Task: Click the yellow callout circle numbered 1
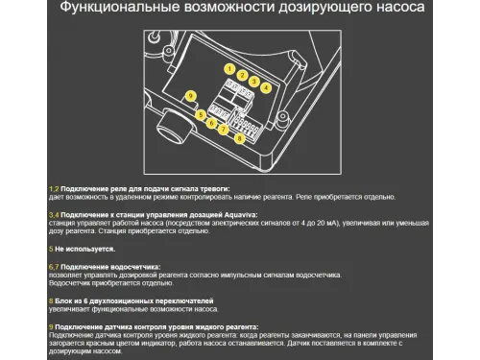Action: pos(230,70)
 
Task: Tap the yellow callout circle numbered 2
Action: pos(242,75)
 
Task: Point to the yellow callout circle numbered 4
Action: pos(265,86)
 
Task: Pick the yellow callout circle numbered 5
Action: pos(201,115)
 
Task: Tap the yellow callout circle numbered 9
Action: pos(190,96)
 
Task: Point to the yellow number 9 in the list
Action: pos(50,326)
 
